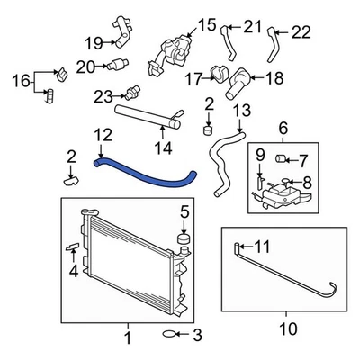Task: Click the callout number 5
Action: tap(184, 212)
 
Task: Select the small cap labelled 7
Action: tap(279, 161)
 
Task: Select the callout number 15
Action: tap(207, 25)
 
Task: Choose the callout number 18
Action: tap(274, 78)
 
